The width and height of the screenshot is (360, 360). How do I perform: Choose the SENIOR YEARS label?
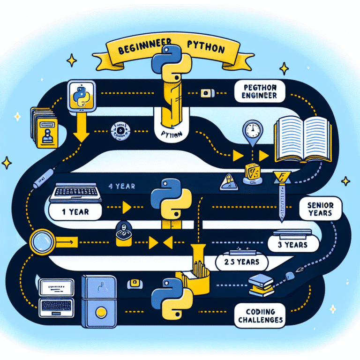pos(321,209)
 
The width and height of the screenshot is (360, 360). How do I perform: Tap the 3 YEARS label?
pos(293,244)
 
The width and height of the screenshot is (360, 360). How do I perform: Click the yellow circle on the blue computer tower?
pos(98,311)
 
